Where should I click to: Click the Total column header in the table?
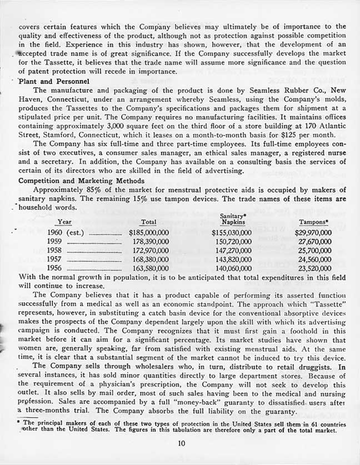point(148,222)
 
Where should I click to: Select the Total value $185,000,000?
point(148,233)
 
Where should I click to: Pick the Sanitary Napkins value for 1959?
point(232,242)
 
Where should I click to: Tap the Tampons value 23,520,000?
point(314,268)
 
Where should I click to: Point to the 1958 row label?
point(55,251)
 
